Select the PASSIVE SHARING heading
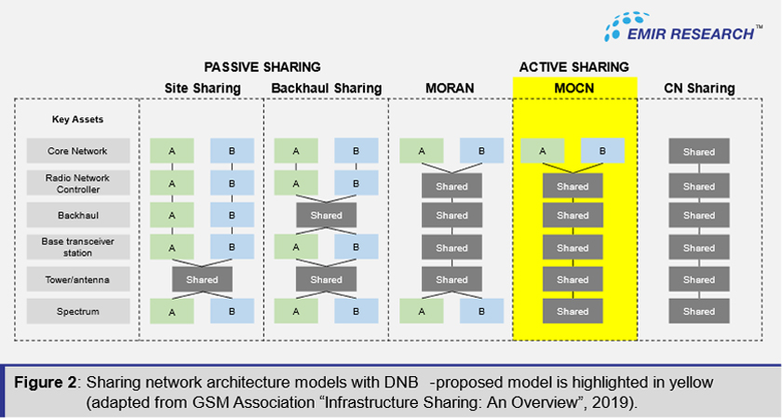tap(263, 67)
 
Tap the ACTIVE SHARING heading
tap(573, 67)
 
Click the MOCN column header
tap(573, 88)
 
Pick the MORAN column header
tap(451, 88)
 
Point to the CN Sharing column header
tap(698, 88)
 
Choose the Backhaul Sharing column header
tap(326, 88)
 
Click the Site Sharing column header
tap(202, 88)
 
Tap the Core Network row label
tap(77, 152)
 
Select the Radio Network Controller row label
tap(77, 183)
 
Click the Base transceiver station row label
tap(77, 248)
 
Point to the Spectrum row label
tap(77, 311)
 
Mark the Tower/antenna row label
tap(77, 279)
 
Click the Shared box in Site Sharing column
tap(202, 279)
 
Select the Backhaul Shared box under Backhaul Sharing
tap(326, 215)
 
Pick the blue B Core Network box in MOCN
tap(602, 152)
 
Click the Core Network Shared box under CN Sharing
tap(698, 152)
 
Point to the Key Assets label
tap(77, 119)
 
